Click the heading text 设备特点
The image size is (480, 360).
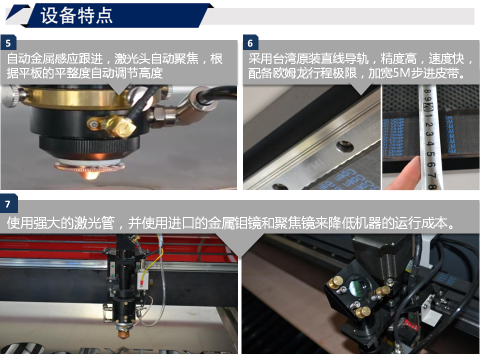76,15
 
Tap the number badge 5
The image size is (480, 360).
8,43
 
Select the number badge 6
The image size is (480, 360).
250,43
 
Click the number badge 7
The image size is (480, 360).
8,204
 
